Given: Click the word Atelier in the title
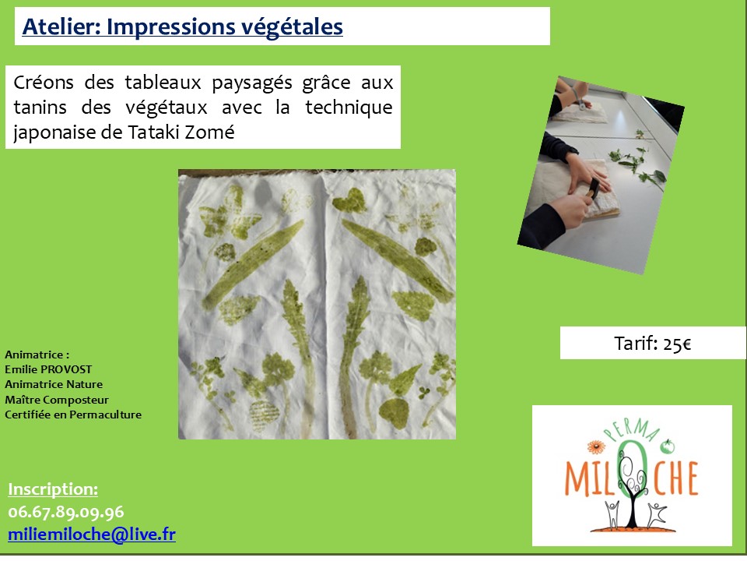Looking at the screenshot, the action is pyautogui.click(x=61, y=26).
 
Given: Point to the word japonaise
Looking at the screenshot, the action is pyautogui.click(x=54, y=132).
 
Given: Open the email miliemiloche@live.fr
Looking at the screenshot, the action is pyautogui.click(x=92, y=535).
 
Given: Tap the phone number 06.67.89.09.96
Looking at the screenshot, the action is pyautogui.click(x=66, y=512).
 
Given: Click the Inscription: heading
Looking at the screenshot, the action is pyautogui.click(x=53, y=489).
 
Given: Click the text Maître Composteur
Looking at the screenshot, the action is pyautogui.click(x=57, y=400).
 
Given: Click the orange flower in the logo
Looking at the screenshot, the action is pyautogui.click(x=595, y=447).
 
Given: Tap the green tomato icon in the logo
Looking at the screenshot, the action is pyautogui.click(x=668, y=446).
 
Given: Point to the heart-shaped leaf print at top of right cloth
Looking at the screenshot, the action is pyautogui.click(x=349, y=201).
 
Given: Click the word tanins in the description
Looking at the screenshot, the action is pyautogui.click(x=40, y=108).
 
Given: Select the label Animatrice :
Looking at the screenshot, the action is pyautogui.click(x=37, y=355).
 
